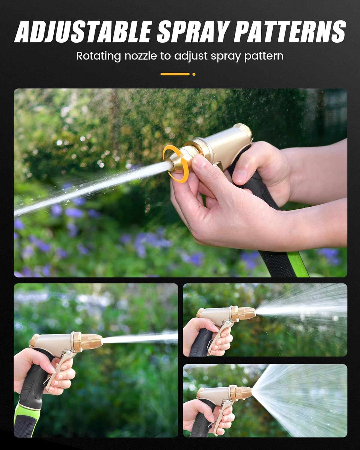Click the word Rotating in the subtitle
[x=98, y=56]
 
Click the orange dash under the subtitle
[x=175, y=74]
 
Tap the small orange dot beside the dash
[x=194, y=74]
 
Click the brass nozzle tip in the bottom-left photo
[x=91, y=340]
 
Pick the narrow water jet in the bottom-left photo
[x=141, y=338]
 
